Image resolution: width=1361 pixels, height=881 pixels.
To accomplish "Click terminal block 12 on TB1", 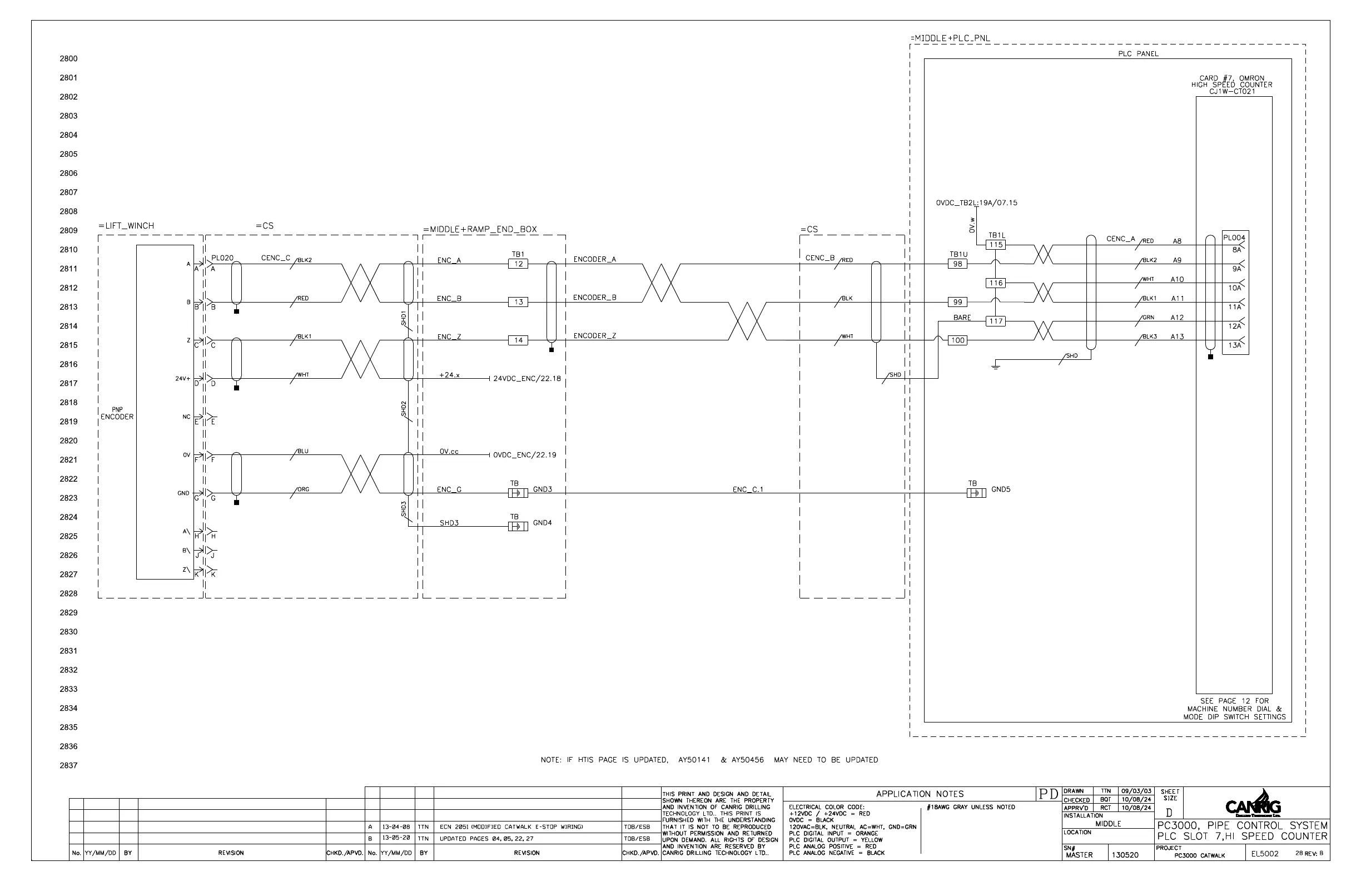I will click(x=518, y=264).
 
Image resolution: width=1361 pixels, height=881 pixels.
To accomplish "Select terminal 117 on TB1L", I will click(x=996, y=321).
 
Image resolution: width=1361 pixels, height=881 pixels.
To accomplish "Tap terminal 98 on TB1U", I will click(x=957, y=264).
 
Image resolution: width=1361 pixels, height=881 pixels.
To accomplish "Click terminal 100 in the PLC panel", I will click(x=957, y=340).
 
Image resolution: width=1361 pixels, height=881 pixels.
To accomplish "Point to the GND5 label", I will click(x=1001, y=489).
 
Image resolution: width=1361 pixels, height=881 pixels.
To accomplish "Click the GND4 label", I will click(x=542, y=523).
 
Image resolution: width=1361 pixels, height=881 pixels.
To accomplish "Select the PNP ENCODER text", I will click(x=117, y=414).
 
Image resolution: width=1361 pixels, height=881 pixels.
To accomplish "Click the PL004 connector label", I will click(x=1234, y=238).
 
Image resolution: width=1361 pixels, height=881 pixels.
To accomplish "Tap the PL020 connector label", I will click(x=222, y=258).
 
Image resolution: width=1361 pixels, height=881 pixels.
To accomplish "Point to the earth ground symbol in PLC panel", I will click(x=996, y=365).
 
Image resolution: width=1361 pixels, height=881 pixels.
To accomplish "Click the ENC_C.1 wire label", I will click(x=747, y=489).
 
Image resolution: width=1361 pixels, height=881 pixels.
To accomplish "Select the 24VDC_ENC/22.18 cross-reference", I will click(x=526, y=379).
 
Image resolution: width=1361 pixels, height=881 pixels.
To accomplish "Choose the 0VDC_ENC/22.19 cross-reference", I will click(x=524, y=456).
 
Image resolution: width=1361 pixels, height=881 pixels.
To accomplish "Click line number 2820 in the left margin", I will click(x=68, y=441).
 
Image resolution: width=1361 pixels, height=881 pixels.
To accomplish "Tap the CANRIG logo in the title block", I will click(x=1253, y=806).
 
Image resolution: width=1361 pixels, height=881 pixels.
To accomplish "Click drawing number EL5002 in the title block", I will click(x=1264, y=854).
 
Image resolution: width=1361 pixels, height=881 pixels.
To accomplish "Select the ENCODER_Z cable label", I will click(x=595, y=336).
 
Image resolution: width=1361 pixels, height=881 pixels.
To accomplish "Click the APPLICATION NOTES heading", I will click(x=920, y=794).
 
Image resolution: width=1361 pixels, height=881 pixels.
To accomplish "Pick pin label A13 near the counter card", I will click(x=1177, y=337).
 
